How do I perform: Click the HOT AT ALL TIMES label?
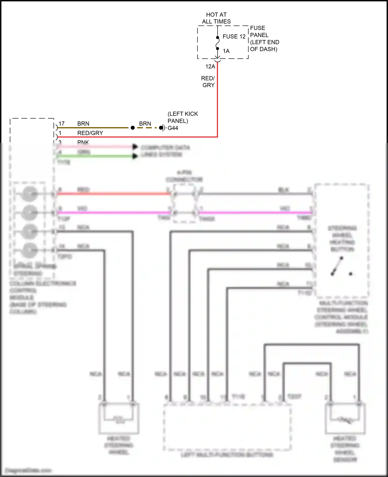pos(216,18)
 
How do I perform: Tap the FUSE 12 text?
pos(234,37)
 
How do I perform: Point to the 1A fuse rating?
pos(226,51)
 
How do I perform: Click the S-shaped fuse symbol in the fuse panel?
pos(218,43)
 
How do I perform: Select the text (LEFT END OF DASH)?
pos(264,46)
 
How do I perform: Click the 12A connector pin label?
pos(210,67)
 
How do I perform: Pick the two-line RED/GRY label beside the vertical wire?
pos(208,82)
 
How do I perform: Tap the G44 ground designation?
pos(173,128)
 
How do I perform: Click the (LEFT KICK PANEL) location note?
pos(183,117)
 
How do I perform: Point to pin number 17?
pos(62,124)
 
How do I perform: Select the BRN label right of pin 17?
pos(83,124)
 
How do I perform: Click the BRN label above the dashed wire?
pos(145,124)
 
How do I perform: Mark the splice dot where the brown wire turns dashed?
pos(133,128)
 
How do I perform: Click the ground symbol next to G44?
pos(162,128)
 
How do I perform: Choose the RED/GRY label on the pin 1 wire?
pos(90,133)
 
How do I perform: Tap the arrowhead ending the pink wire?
pos(135,147)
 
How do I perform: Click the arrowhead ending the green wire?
pos(135,156)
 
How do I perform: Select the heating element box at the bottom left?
pos(118,418)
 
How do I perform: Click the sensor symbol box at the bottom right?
pos(345,419)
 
